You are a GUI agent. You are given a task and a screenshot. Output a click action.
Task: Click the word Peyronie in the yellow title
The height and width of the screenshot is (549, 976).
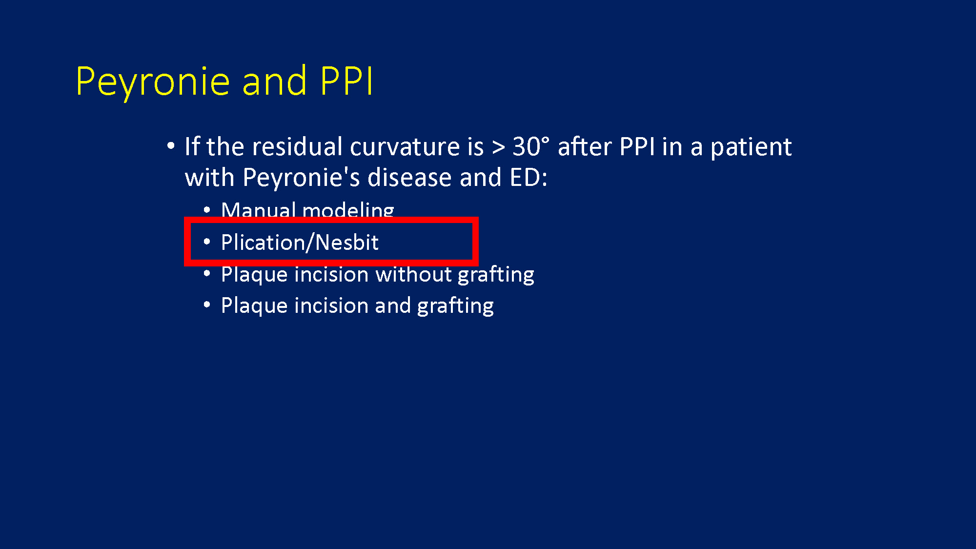(x=153, y=82)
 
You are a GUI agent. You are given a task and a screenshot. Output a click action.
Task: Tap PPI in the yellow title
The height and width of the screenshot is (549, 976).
(x=347, y=81)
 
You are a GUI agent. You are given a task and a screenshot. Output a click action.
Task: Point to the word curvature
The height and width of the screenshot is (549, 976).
(x=417, y=147)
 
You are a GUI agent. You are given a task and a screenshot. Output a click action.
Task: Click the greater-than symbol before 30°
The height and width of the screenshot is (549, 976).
(x=498, y=147)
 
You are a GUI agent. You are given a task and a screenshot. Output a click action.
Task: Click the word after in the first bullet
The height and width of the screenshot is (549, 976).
(x=585, y=146)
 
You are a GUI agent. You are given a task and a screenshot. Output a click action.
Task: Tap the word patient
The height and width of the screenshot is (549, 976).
(x=751, y=147)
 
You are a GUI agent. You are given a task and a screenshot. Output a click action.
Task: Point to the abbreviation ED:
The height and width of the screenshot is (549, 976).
(x=529, y=177)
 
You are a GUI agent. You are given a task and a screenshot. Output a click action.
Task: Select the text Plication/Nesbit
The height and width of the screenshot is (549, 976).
(x=300, y=243)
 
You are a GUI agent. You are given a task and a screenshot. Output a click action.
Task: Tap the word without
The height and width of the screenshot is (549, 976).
(x=414, y=274)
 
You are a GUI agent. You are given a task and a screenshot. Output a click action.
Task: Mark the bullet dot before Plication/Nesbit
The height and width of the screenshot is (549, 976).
(x=207, y=242)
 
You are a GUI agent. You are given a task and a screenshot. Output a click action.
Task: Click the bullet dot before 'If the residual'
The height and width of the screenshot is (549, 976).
(x=170, y=145)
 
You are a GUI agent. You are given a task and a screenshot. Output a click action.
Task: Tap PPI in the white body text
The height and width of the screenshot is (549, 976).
(x=637, y=146)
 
